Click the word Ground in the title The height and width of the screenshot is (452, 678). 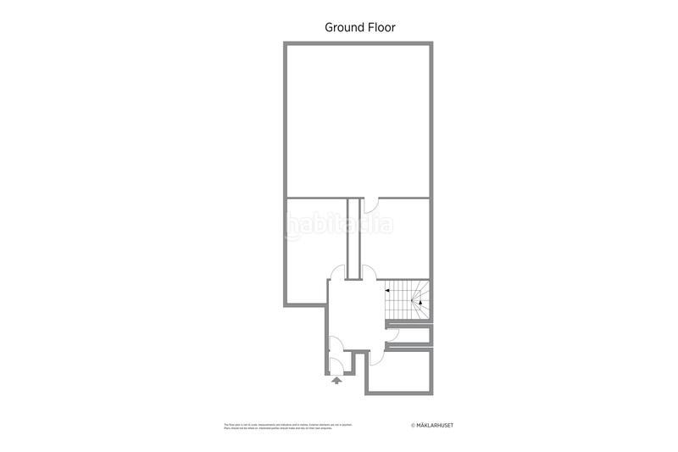(x=344, y=27)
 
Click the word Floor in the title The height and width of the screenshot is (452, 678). (x=381, y=27)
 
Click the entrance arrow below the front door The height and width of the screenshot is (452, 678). (x=337, y=381)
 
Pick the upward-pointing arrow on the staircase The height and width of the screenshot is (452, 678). (x=420, y=302)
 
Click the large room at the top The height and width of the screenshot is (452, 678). (x=359, y=119)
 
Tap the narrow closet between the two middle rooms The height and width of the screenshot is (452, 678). (x=354, y=242)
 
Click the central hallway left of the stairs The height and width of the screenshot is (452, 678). (x=356, y=314)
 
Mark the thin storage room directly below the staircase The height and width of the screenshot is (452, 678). (x=408, y=334)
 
